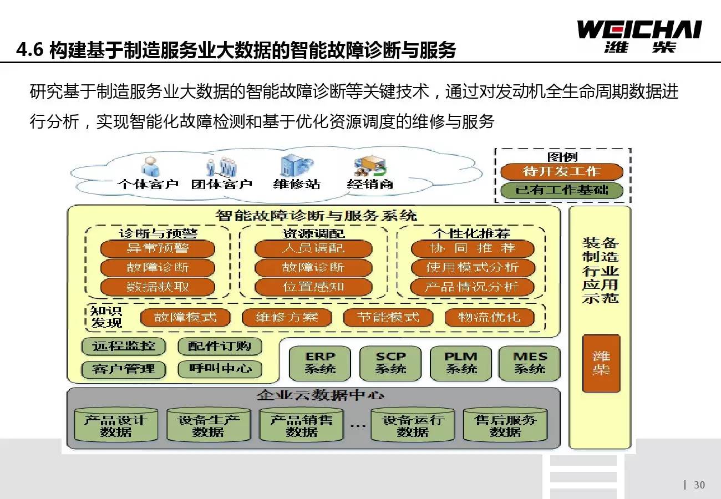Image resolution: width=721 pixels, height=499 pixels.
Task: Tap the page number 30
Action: coord(699,485)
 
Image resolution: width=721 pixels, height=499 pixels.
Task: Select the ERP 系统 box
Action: coord(320,363)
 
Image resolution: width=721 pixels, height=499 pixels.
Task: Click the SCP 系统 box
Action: coord(390,363)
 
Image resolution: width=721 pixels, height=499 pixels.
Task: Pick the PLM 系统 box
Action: coord(461,363)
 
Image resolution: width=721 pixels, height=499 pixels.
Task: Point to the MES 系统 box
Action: coord(529,363)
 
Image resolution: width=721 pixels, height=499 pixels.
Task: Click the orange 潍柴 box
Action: coord(601,363)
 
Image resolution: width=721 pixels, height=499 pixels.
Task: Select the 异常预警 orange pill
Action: coord(158,248)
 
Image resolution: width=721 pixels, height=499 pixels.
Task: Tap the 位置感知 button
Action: coord(313,287)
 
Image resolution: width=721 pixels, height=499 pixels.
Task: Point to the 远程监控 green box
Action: coord(124,347)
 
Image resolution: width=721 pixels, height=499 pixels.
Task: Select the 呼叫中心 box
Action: coord(220,369)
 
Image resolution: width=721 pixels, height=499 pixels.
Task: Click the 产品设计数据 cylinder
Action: coord(116,426)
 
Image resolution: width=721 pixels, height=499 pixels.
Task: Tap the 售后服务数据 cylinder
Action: coord(505,426)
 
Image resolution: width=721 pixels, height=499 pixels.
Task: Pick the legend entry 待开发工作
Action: coord(561,171)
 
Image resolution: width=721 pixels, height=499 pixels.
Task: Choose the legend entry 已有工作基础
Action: coord(561,190)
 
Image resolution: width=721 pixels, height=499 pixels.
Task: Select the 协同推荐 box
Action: coord(473,248)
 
